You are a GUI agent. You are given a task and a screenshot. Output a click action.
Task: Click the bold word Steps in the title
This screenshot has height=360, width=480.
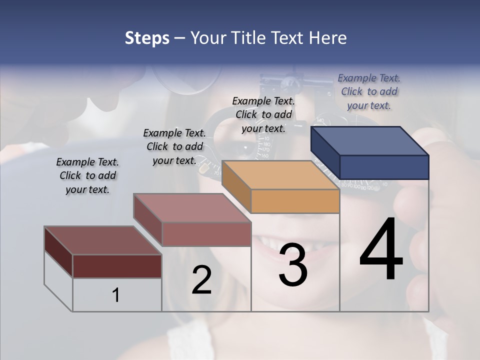147,38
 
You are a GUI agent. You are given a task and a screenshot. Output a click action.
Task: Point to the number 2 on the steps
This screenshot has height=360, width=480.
201,280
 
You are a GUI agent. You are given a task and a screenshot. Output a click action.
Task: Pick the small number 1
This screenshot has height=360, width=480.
115,295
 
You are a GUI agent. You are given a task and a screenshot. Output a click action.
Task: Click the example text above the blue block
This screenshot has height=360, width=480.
369,91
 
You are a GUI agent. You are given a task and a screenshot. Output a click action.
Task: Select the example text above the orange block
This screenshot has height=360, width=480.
263,114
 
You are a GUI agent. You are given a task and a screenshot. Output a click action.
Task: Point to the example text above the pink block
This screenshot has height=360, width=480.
174,146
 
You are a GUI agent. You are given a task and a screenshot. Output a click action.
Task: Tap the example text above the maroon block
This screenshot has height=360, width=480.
87,175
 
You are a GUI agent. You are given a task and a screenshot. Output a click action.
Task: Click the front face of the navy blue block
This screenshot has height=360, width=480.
384,167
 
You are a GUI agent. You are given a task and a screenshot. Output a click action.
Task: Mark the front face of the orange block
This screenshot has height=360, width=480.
295,201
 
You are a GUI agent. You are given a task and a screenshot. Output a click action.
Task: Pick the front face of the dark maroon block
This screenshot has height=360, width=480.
117,266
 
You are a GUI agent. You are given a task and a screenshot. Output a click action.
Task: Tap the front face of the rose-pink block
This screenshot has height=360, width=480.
206,234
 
